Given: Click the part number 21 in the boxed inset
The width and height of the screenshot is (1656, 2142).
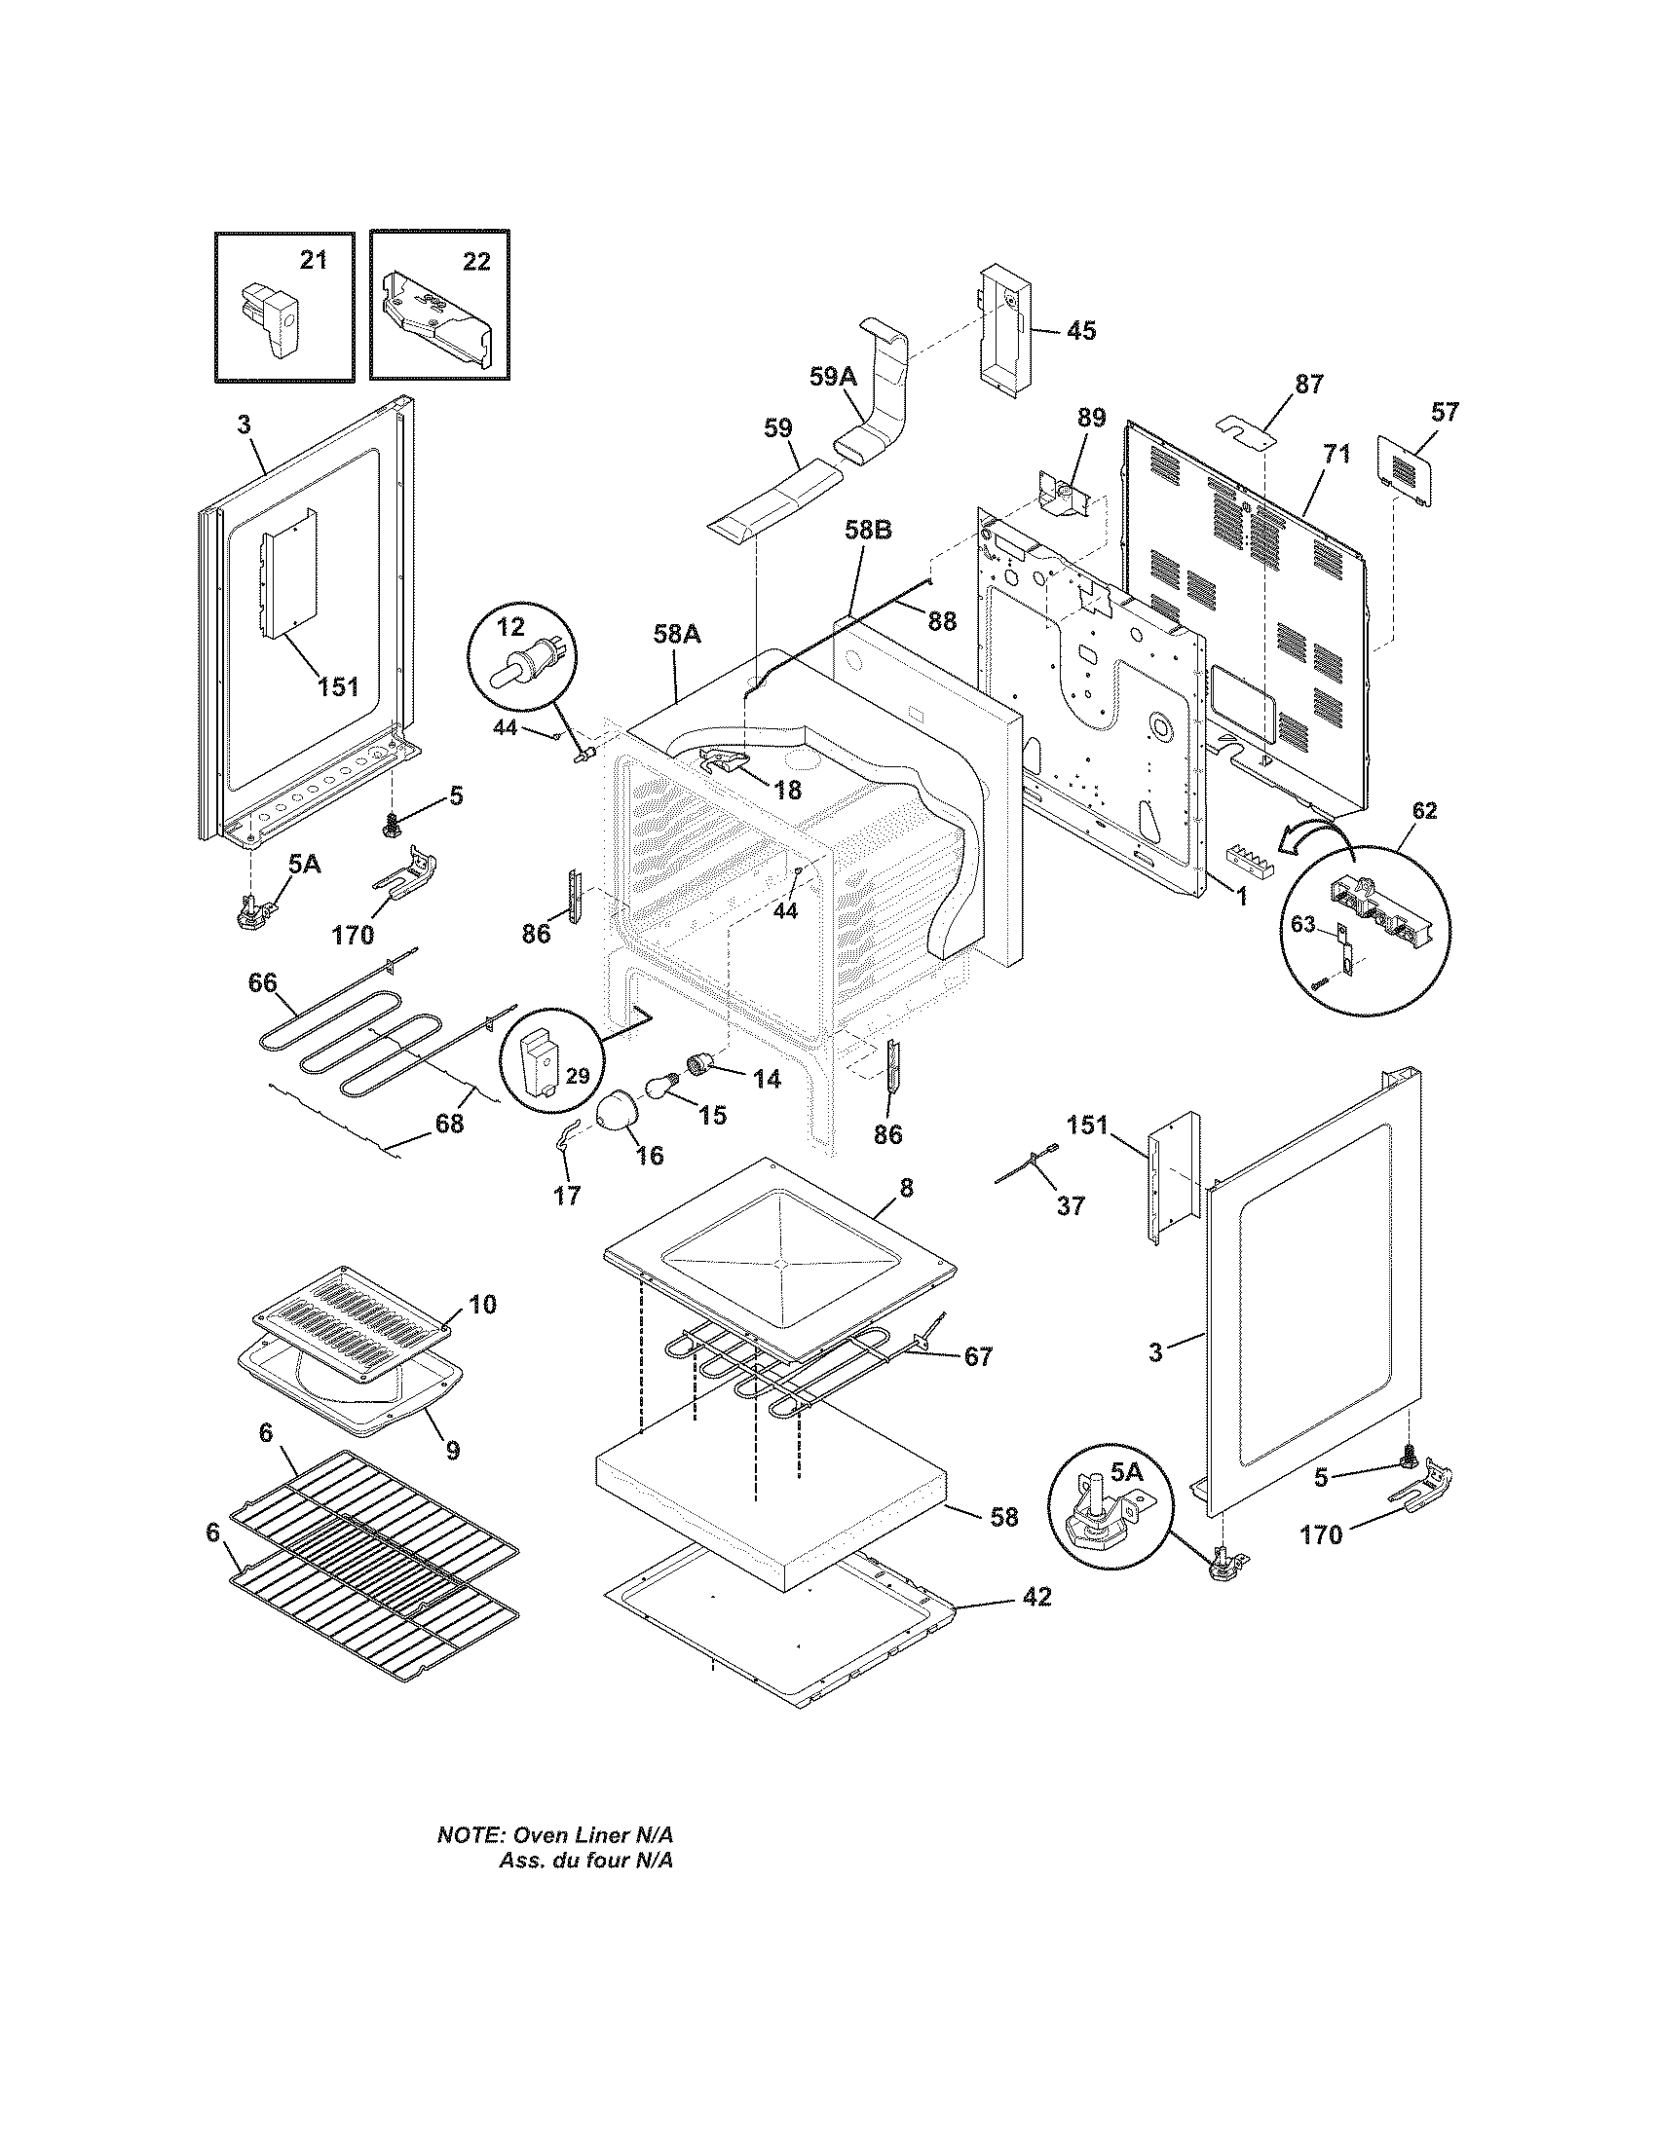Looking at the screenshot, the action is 312,260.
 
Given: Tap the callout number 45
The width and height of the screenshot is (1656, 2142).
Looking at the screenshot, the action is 1080,330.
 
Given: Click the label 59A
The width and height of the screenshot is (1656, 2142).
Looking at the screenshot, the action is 833,377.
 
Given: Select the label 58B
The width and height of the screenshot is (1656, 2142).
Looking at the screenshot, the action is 868,531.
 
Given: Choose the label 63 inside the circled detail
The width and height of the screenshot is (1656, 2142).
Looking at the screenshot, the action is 1302,924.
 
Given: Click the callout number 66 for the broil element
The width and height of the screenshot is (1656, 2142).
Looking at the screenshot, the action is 262,982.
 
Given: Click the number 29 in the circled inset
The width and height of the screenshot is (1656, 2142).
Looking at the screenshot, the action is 577,1076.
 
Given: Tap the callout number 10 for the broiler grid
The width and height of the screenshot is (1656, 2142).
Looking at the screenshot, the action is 481,1305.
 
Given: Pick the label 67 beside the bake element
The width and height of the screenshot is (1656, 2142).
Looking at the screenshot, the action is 977,1357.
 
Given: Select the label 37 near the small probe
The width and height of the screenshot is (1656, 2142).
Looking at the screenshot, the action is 1071,1205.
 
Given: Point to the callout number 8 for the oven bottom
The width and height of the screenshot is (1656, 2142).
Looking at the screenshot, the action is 906,1188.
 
